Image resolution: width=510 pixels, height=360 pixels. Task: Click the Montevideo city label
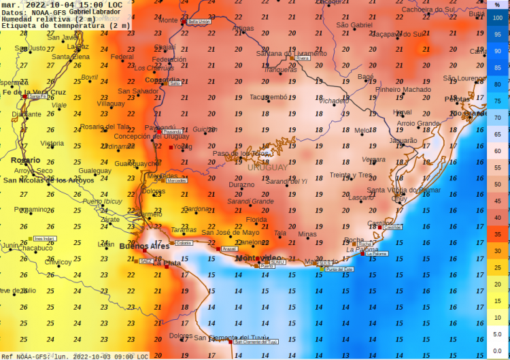click(x=258, y=258)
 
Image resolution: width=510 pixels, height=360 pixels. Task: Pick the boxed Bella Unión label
click(x=199, y=22)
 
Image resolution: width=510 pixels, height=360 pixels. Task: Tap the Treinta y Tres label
click(x=351, y=175)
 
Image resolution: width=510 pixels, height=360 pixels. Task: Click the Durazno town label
click(x=241, y=185)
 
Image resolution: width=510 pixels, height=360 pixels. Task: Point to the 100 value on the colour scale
click(x=498, y=18)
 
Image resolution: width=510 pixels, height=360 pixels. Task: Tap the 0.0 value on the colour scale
click(x=498, y=350)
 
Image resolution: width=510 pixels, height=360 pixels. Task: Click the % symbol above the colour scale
click(x=498, y=5)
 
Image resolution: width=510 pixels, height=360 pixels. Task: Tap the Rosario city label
click(x=25, y=160)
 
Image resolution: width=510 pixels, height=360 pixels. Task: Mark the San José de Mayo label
click(x=230, y=233)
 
